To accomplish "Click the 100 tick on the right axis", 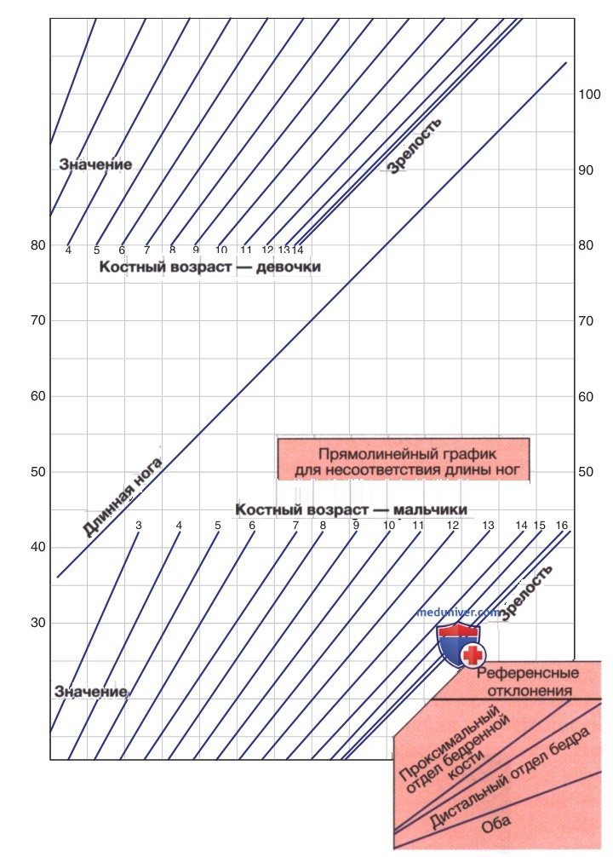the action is point(589,95).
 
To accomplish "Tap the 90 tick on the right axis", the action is point(586,170).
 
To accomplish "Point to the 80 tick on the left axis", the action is point(38,245).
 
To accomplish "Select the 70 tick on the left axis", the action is point(38,321).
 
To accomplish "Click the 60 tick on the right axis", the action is point(586,397).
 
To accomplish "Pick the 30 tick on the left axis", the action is point(38,623).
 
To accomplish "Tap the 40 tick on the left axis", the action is point(38,548).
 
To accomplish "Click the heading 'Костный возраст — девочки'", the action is point(209,267).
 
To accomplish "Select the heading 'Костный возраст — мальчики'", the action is point(352,510).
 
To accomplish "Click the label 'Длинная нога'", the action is point(122,497).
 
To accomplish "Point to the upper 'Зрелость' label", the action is point(415,146).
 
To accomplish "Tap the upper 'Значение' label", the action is point(95,164).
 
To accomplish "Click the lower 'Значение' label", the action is point(91,692).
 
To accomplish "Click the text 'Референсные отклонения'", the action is point(529,682).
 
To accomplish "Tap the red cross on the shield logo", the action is point(473,654).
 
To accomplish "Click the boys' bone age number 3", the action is point(139,526).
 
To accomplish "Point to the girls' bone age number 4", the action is point(68,250).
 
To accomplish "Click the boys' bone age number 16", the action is point(562,526).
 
